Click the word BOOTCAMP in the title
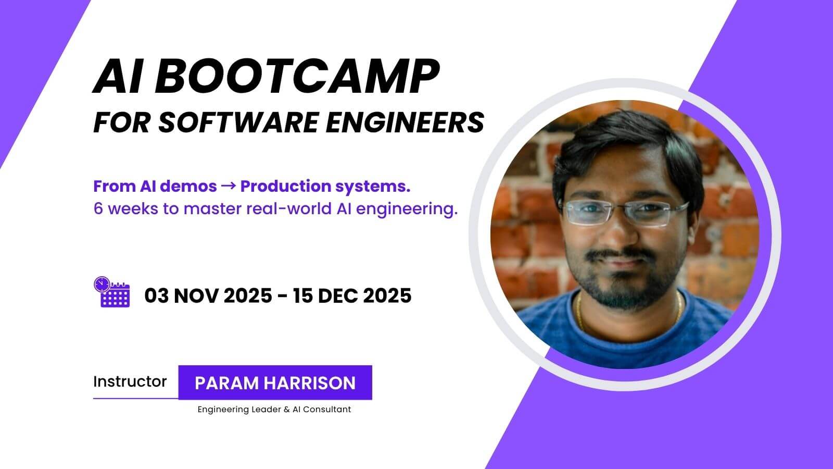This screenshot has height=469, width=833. (297, 76)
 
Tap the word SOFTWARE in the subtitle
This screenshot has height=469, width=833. (238, 122)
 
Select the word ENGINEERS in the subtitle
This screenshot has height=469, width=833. (405, 122)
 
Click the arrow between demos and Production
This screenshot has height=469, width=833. (229, 186)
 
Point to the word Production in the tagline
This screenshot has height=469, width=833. (286, 186)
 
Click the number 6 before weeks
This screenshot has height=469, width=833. (98, 208)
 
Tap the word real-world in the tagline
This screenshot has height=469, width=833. (289, 208)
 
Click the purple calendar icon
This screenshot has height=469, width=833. (112, 292)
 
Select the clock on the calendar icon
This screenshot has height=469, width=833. (102, 285)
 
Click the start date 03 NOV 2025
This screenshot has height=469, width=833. (208, 295)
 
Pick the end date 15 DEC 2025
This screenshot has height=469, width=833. (352, 295)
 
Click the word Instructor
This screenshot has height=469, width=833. (130, 381)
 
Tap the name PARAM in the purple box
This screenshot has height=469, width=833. (226, 383)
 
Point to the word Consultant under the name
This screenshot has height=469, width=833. (327, 410)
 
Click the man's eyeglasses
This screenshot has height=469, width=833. (625, 213)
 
